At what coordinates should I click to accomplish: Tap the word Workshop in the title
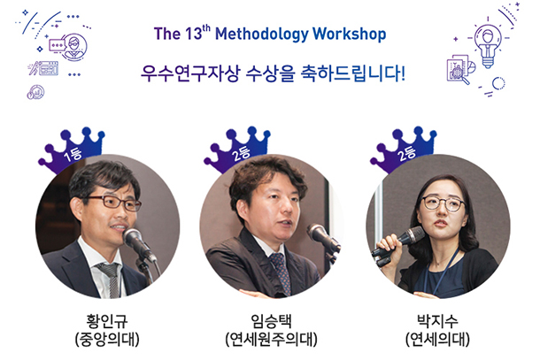tap(349, 34)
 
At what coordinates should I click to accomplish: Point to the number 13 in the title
tap(193, 34)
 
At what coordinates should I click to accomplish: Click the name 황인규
tap(107, 321)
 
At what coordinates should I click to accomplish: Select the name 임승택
tap(272, 321)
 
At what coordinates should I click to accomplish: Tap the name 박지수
tap(437, 321)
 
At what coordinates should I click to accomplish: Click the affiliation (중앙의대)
tap(107, 340)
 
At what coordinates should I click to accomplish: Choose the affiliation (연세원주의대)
tap(272, 340)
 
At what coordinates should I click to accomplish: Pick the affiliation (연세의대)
tap(437, 340)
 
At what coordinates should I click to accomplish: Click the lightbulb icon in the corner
tap(487, 45)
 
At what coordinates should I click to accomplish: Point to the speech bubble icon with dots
tap(57, 45)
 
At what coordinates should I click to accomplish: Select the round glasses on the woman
tap(444, 203)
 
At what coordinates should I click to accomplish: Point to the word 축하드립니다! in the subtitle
tap(352, 73)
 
